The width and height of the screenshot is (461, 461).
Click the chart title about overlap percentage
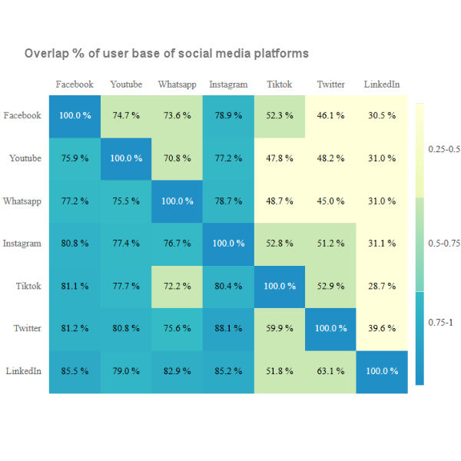(167, 54)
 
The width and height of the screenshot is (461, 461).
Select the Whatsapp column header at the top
(177, 85)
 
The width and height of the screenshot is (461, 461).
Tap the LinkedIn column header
(382, 85)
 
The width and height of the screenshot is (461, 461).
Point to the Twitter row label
(27, 328)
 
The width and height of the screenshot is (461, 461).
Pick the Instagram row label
(22, 243)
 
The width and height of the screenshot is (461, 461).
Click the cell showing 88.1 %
(228, 328)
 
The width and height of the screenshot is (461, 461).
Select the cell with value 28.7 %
(382, 286)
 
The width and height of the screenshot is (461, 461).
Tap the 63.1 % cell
(331, 371)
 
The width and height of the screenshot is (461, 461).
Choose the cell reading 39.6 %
(382, 328)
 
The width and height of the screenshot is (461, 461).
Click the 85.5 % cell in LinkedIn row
(75, 371)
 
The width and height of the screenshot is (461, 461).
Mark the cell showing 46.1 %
(331, 115)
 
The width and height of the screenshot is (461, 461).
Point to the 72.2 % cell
(177, 286)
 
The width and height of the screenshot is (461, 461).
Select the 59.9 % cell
(280, 328)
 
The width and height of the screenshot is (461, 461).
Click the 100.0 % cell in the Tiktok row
(280, 286)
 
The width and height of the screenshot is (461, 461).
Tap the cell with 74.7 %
(126, 115)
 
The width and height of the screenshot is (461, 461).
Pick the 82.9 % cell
(177, 371)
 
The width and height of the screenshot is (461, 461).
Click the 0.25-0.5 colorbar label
(443, 149)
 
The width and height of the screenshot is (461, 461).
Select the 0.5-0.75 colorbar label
(443, 243)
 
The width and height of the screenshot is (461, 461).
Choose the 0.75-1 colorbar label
(440, 323)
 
